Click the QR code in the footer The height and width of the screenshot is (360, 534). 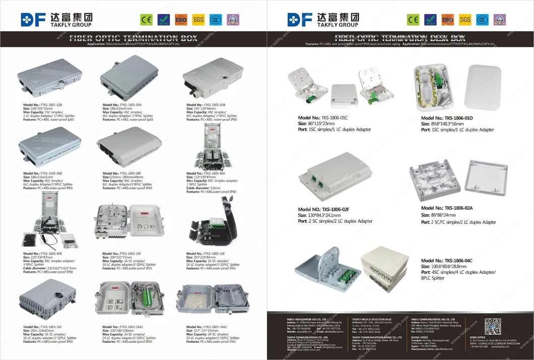point(493,326)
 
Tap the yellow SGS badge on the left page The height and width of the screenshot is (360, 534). point(199,20)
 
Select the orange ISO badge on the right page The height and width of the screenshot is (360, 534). point(447,20)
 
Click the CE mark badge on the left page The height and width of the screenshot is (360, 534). point(146,20)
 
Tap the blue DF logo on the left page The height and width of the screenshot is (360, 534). point(33,20)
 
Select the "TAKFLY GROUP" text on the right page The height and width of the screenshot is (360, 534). point(337,25)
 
